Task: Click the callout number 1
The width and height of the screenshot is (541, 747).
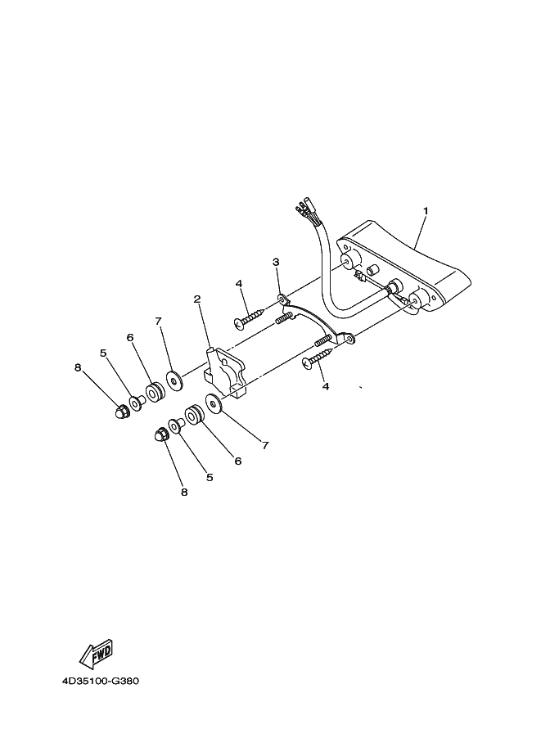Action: [426, 210]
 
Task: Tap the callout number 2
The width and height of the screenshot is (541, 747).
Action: [197, 299]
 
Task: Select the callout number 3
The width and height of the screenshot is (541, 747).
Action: [276, 262]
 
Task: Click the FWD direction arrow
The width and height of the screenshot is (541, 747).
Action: [96, 654]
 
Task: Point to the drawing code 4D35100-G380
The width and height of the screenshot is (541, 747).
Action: [101, 681]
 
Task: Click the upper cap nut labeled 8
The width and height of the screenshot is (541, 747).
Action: [120, 411]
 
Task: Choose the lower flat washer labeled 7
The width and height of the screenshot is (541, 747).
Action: [213, 404]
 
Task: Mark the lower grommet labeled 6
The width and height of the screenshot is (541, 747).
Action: [193, 415]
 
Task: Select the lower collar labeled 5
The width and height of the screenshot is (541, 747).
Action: [176, 426]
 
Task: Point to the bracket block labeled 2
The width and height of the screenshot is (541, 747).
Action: [224, 371]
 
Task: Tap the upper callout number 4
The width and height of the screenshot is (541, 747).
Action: [239, 284]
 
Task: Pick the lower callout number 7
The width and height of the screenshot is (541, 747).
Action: [265, 445]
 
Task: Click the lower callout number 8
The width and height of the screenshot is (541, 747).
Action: [184, 492]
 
